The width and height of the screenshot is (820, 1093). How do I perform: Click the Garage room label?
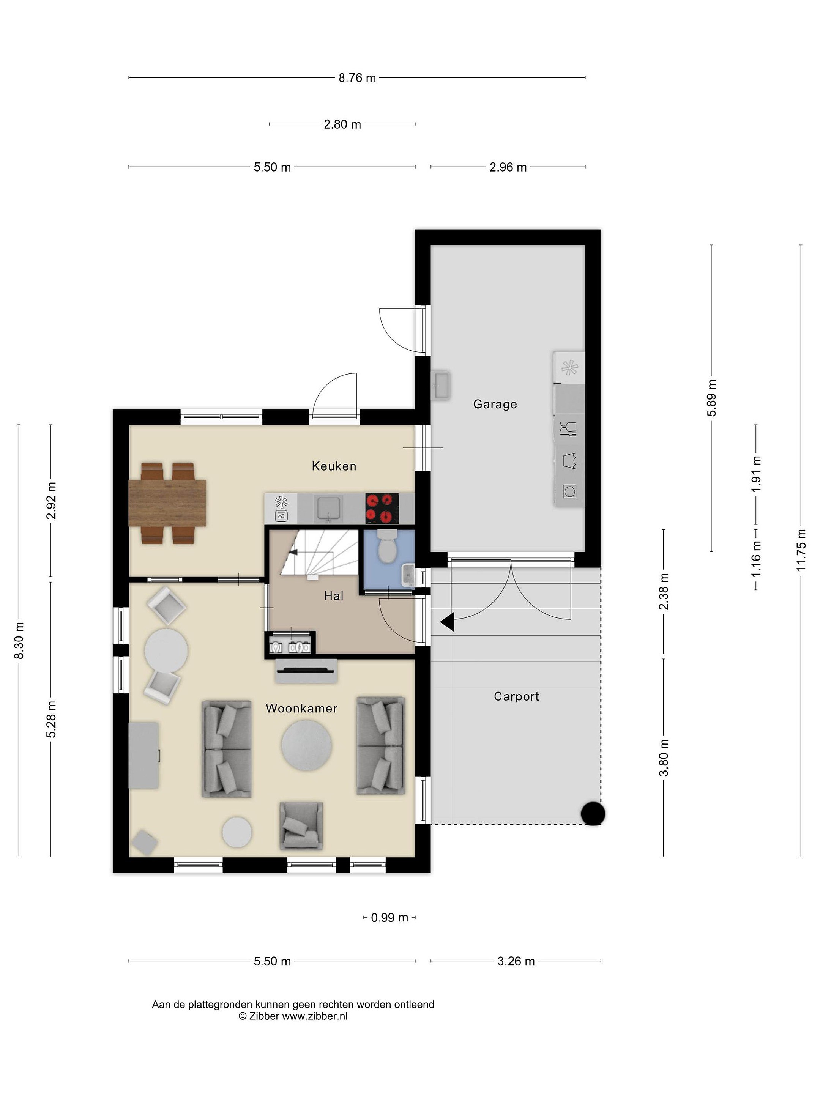pyautogui.click(x=495, y=404)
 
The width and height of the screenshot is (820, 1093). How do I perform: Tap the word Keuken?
pyautogui.click(x=334, y=466)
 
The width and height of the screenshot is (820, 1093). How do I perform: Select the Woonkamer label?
pyautogui.click(x=301, y=708)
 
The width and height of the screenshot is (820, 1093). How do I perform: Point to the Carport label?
pyautogui.click(x=516, y=696)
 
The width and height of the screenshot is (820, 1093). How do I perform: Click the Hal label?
pyautogui.click(x=334, y=596)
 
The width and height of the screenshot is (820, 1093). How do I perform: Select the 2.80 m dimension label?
pyautogui.click(x=342, y=124)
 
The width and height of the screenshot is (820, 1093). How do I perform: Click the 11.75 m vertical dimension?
pyautogui.click(x=801, y=550)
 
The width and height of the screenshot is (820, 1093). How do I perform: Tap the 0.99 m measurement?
pyautogui.click(x=389, y=918)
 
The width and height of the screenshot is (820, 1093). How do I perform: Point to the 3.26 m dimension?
pyautogui.click(x=516, y=961)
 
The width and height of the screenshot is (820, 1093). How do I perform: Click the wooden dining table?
pyautogui.click(x=167, y=503)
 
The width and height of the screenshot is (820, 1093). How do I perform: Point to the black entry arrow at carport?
pyautogui.click(x=447, y=622)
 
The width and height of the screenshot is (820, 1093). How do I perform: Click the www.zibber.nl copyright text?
pyautogui.click(x=293, y=1016)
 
